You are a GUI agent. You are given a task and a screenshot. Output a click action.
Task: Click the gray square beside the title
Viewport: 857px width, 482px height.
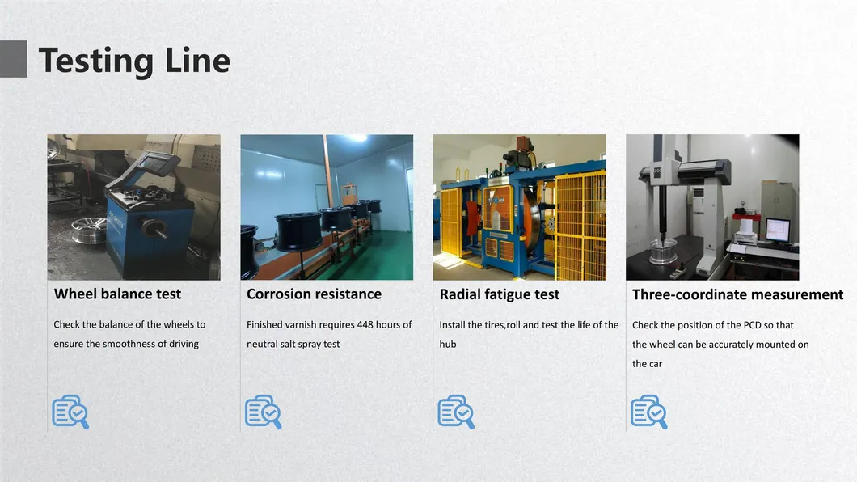click(13, 59)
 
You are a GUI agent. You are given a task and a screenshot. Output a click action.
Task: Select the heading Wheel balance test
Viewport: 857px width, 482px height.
click(117, 294)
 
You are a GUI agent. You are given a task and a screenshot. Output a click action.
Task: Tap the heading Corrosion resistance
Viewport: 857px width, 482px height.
click(315, 294)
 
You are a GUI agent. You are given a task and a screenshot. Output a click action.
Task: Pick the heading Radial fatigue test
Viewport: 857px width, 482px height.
click(500, 294)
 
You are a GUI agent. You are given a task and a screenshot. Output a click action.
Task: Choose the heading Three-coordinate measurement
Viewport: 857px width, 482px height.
click(738, 294)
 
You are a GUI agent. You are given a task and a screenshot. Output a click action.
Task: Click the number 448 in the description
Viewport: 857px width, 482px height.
click(365, 324)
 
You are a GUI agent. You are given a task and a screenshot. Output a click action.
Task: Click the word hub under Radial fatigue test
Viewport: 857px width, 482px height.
click(448, 345)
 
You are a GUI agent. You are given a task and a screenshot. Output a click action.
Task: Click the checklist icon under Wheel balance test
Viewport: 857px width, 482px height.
click(70, 412)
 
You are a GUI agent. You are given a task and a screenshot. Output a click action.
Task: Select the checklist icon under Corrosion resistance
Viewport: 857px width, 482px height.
click(264, 412)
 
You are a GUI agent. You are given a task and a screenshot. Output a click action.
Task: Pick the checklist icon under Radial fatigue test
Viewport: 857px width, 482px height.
click(456, 412)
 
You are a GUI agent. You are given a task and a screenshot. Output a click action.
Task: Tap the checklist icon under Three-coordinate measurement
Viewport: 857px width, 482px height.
click(649, 412)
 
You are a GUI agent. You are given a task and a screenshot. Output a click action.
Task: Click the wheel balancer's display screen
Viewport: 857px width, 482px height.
click(155, 163)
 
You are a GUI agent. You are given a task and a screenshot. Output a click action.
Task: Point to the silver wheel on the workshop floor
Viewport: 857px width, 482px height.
click(88, 230)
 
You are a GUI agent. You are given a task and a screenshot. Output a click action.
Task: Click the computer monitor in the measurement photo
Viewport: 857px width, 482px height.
click(778, 230)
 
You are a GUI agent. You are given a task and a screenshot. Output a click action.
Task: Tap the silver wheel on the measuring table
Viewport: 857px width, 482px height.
click(663, 252)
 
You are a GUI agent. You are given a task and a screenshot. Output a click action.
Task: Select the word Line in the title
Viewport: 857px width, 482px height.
click(197, 61)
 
